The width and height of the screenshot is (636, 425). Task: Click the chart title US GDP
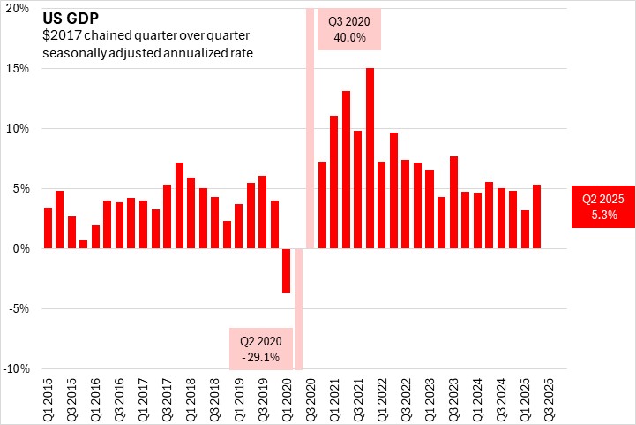pyautogui.click(x=61, y=16)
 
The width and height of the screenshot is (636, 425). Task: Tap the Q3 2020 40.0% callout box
pyautogui.click(x=349, y=29)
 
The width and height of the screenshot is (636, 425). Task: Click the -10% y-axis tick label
pyautogui.click(x=19, y=369)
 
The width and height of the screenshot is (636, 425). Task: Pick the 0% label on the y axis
pyautogui.click(x=24, y=249)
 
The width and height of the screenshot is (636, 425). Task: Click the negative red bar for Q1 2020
pyautogui.click(x=286, y=270)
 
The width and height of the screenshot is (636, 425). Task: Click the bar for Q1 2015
pyautogui.click(x=48, y=228)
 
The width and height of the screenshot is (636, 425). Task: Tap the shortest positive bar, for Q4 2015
pyautogui.click(x=84, y=244)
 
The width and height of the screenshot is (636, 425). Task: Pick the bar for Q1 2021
pyautogui.click(x=333, y=182)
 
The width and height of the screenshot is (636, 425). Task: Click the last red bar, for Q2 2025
pyautogui.click(x=537, y=216)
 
